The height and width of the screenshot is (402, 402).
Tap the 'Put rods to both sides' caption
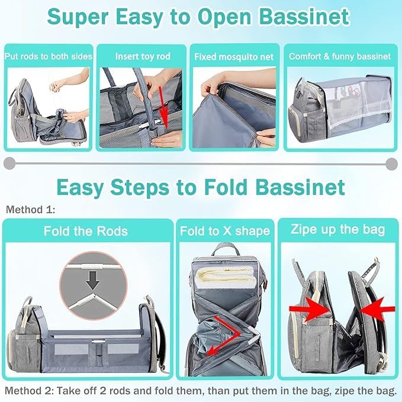tap(48, 57)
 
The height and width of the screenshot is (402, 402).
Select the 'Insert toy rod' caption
tap(142, 57)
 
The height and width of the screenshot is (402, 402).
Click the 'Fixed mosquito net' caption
tap(233, 57)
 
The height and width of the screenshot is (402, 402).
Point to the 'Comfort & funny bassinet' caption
tap(339, 57)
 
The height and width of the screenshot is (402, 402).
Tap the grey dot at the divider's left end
tap(9, 163)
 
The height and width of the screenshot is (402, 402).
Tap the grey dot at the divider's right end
tap(391, 163)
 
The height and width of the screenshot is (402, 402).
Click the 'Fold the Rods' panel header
tap(85, 230)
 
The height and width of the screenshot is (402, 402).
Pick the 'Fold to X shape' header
tap(224, 231)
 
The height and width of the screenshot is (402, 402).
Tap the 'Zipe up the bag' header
tap(337, 230)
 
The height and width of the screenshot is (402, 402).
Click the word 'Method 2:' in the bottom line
tap(27, 391)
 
